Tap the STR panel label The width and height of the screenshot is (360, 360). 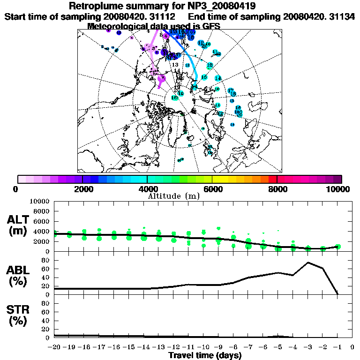[19, 315]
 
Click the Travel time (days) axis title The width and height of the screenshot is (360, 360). [205, 356]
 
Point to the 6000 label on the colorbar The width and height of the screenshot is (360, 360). [212, 189]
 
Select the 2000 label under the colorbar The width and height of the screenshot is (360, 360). [82, 189]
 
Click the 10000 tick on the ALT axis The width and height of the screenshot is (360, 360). [41, 202]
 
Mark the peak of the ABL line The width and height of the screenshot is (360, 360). [308, 262]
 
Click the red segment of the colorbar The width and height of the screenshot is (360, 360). [272, 179]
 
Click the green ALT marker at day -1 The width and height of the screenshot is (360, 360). [337, 247]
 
